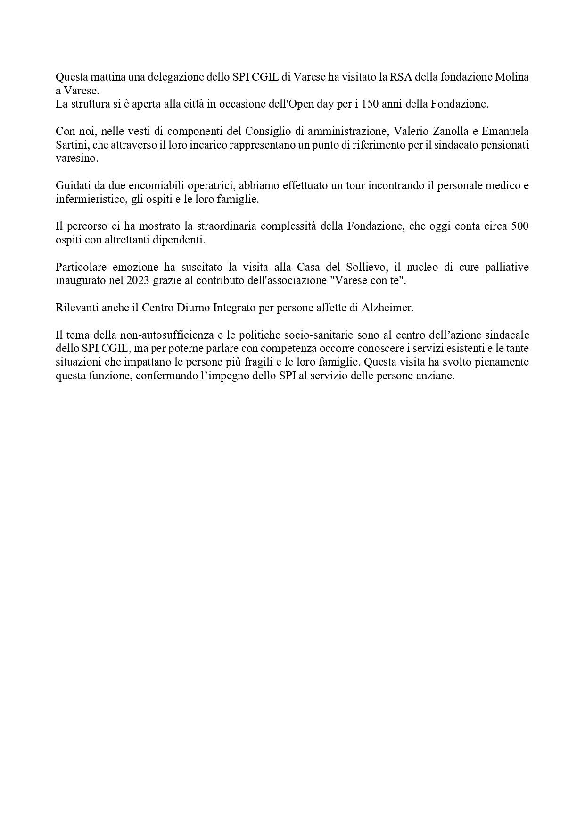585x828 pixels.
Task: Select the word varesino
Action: tap(77, 159)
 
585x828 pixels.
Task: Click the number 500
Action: tap(519, 226)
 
